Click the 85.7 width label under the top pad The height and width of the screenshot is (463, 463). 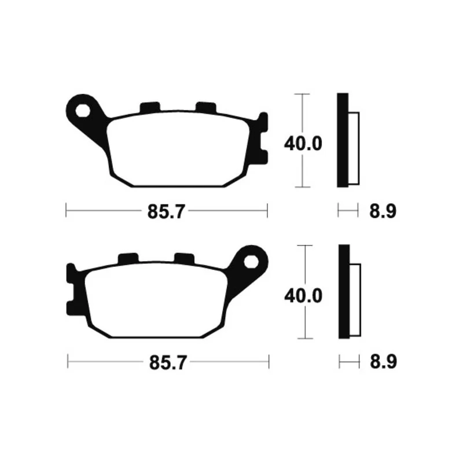tap(166, 211)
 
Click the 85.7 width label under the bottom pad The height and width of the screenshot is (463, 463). tap(168, 363)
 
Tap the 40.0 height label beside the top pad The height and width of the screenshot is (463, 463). tap(303, 144)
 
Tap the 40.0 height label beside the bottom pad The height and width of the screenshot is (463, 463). tap(303, 296)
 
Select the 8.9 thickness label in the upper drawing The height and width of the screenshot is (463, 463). tap(383, 211)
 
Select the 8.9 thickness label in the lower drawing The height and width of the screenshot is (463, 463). tap(383, 362)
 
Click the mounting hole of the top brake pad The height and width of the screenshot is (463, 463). tap(83, 111)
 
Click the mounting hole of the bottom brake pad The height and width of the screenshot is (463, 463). tap(251, 262)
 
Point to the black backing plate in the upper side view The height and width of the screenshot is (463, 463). tap(343, 140)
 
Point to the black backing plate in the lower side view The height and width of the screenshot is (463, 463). tap(344, 292)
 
